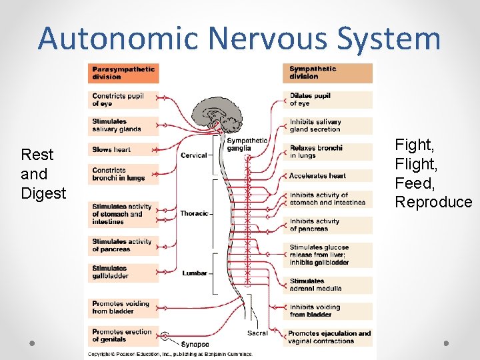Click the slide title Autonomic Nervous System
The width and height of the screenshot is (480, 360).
tap(239, 38)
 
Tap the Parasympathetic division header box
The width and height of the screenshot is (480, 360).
tap(123, 73)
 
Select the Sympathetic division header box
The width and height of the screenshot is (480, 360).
tap(329, 73)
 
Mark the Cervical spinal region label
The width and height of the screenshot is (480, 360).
tap(194, 155)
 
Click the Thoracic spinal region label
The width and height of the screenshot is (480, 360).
tap(194, 213)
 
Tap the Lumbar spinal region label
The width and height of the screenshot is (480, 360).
tap(194, 273)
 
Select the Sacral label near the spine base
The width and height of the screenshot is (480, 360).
tap(257, 333)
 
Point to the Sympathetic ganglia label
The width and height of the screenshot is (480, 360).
tap(246, 144)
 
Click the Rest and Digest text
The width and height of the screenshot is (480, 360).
tap(43, 174)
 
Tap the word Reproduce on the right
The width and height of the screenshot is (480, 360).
tap(433, 202)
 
